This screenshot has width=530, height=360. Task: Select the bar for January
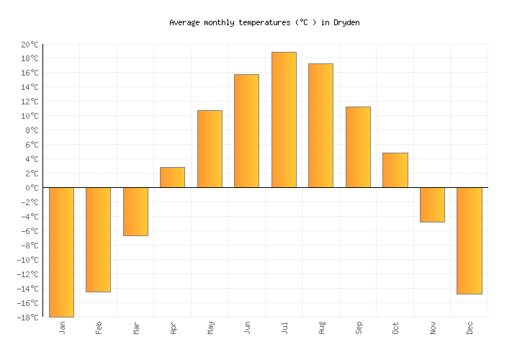tap(61, 252)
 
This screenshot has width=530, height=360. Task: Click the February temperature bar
tap(98, 240)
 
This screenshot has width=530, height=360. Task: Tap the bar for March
tap(135, 212)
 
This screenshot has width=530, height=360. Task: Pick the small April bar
tap(172, 178)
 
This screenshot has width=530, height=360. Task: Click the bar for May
tap(210, 149)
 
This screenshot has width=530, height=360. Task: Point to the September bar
tap(358, 147)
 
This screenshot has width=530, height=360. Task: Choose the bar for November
tap(432, 204)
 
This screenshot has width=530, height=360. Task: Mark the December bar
tap(469, 240)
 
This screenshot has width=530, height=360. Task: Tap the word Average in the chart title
tap(184, 23)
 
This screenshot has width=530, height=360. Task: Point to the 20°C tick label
tap(29, 45)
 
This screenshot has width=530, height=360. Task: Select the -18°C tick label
tap(27, 318)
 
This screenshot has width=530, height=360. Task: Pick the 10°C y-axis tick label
tap(29, 116)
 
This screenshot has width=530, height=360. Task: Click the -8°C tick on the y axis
tap(29, 246)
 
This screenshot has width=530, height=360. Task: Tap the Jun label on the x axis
tap(247, 328)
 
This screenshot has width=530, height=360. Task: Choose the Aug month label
tap(321, 328)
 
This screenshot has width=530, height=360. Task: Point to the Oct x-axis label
tap(395, 328)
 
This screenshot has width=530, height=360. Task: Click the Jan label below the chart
tap(62, 328)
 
